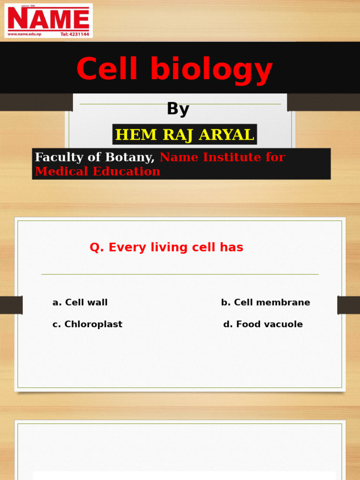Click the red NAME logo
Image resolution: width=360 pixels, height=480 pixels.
tap(48, 19)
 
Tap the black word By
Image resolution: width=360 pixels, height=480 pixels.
tap(178, 109)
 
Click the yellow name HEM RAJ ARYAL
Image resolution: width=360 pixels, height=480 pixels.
tap(185, 135)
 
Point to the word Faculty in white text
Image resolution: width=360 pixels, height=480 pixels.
tap(59, 157)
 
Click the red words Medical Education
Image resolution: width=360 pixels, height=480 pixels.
tap(97, 172)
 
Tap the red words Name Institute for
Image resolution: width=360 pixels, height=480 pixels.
tap(222, 157)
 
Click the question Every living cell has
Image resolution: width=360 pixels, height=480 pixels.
tap(166, 247)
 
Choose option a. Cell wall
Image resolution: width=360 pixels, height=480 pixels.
tap(80, 303)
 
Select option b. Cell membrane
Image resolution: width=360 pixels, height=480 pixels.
tap(265, 303)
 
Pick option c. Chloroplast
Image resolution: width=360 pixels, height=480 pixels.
tap(88, 324)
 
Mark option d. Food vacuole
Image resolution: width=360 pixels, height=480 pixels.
tap(263, 324)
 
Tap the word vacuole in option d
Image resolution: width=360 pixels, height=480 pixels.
tap(284, 324)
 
